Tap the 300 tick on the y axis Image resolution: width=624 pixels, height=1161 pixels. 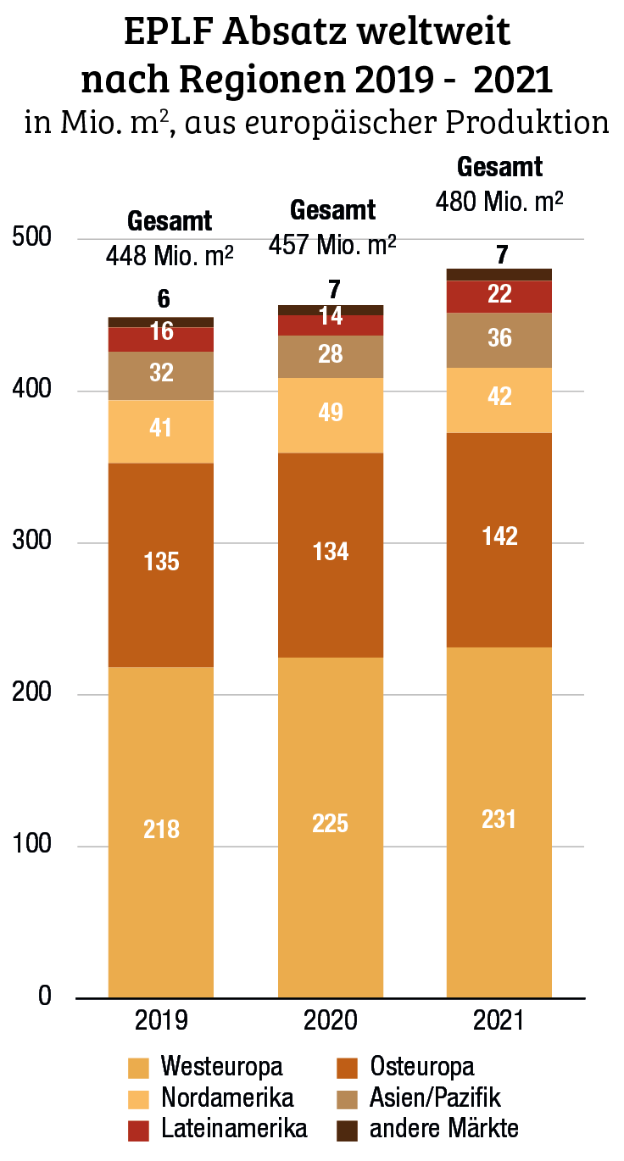click(33, 542)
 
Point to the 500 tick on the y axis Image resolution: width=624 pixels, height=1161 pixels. click(33, 239)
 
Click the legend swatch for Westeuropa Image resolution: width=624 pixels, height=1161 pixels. click(137, 1067)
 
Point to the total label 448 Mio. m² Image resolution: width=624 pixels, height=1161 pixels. click(170, 255)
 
